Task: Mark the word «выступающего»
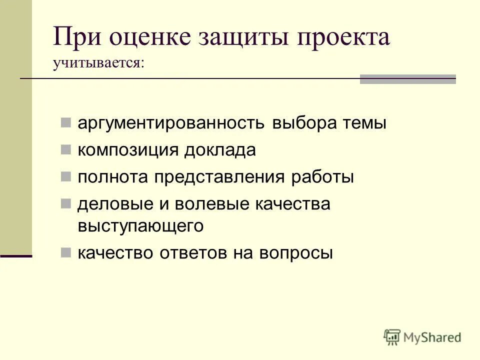[140, 226]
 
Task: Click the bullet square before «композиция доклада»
[65, 149]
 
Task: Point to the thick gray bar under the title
[408, 79]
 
